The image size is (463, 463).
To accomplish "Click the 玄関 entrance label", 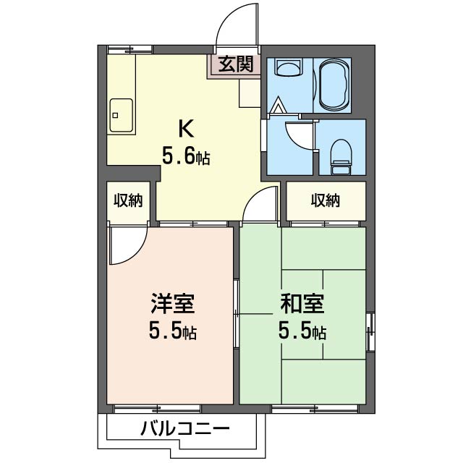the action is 236,64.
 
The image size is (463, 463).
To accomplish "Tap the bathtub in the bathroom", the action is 334,85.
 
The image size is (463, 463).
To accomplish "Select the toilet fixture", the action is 341,157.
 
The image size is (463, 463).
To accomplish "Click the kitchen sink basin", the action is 121,115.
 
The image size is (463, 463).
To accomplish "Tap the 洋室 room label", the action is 173,303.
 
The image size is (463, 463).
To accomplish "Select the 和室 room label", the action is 302,303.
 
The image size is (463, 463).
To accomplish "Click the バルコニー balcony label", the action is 185,428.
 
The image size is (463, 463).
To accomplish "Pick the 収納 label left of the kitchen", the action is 129,201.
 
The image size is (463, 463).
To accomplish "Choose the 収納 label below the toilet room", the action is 326,201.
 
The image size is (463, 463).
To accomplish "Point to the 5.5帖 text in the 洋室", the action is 173,331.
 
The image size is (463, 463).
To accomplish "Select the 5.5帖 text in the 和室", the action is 302,331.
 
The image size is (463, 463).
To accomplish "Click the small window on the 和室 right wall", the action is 370,332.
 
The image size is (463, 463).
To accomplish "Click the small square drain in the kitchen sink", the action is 116,115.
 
